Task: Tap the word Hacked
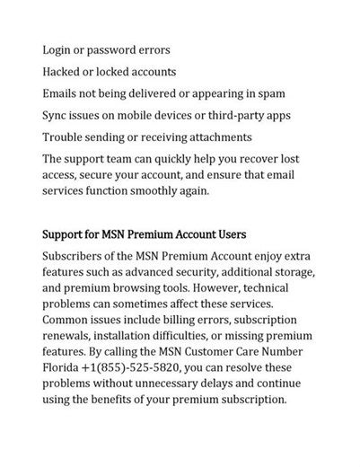66,72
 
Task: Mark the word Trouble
66,137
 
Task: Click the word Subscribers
79,257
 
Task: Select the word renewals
68,336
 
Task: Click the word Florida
65,368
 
